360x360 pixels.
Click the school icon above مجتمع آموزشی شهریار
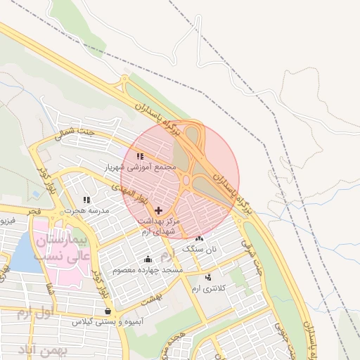point(139,156)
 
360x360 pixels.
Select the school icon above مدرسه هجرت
point(87,200)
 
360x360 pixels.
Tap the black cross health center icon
point(158,210)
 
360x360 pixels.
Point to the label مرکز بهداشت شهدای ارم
point(160,226)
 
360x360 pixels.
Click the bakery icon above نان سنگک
point(200,238)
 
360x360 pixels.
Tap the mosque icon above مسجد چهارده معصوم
point(148,259)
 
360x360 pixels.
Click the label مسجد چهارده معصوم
point(151,270)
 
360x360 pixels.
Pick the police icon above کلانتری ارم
point(208,278)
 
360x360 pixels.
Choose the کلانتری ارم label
point(210,289)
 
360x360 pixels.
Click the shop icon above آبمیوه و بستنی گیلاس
point(107,310)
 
